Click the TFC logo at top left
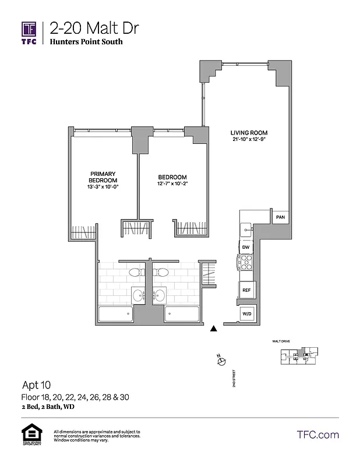29,33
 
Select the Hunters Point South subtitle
86,42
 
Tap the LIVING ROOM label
248,132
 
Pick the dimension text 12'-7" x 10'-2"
172,184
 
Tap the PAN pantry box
280,217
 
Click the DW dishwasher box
246,248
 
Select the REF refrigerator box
246,290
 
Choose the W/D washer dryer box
246,315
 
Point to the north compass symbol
221,362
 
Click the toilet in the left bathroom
135,271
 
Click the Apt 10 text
36,385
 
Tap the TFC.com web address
317,435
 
